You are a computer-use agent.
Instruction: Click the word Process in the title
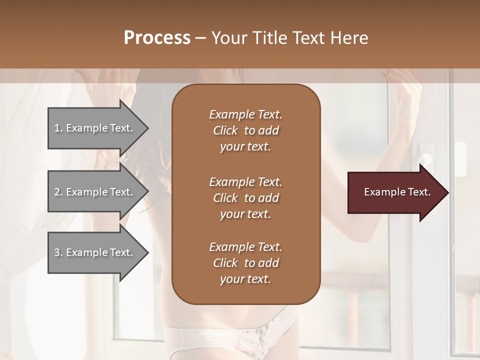coord(157,38)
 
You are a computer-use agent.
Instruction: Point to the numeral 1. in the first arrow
coord(58,128)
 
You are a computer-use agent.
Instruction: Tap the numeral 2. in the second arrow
coord(58,192)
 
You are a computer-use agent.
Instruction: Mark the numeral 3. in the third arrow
coord(58,252)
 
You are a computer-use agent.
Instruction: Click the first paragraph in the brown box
coord(245,130)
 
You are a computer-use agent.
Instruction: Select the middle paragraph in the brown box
coord(245,197)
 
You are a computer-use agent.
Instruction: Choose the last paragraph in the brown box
coord(245,263)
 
